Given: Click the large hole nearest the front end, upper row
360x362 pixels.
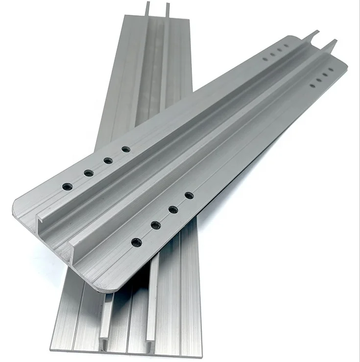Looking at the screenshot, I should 68,186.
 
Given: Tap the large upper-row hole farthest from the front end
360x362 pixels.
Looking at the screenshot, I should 126,149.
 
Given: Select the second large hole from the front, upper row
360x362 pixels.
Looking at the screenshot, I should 89,173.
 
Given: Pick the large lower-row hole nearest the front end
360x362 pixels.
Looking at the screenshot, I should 137,242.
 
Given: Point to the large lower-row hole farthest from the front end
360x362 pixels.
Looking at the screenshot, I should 189,195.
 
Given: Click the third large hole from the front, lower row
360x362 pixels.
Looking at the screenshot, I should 173,209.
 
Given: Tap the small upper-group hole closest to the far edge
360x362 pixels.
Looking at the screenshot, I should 287,46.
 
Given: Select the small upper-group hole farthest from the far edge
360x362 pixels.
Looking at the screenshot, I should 265,59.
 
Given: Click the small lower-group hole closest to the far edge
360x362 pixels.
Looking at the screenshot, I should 331,69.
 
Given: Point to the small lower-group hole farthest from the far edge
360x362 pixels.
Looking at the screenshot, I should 312,86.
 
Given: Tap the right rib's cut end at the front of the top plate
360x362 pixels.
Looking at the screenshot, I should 75,254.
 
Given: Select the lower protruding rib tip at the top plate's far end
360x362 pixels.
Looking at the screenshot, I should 334,43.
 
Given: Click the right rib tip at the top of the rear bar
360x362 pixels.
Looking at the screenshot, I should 167,6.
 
